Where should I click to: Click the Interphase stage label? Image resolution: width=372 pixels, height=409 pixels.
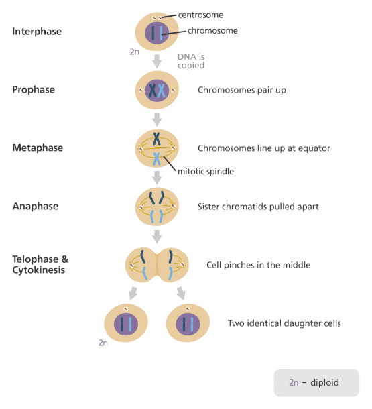pyautogui.click(x=37, y=32)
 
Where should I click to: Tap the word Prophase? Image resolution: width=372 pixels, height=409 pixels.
pyautogui.click(x=34, y=90)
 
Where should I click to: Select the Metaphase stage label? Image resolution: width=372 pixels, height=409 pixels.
pyautogui.click(x=38, y=148)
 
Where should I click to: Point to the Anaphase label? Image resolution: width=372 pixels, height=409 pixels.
pyautogui.click(x=36, y=207)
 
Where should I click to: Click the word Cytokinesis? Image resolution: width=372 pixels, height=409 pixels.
pyautogui.click(x=39, y=270)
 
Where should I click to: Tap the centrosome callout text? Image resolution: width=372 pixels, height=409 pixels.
pyautogui.click(x=200, y=15)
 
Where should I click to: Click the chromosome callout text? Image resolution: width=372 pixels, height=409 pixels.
pyautogui.click(x=212, y=31)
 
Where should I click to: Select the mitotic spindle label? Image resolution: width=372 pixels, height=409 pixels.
pyautogui.click(x=206, y=172)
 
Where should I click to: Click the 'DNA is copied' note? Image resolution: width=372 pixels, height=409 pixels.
pyautogui.click(x=191, y=61)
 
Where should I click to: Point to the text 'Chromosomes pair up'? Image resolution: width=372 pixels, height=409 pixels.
pyautogui.click(x=242, y=90)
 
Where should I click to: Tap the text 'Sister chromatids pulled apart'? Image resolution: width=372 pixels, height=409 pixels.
pyautogui.click(x=258, y=207)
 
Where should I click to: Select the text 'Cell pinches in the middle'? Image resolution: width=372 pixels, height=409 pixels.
pyautogui.click(x=258, y=265)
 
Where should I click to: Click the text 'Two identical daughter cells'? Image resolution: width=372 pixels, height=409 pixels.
pyautogui.click(x=284, y=323)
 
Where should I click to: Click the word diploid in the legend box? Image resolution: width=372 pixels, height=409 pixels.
pyautogui.click(x=324, y=383)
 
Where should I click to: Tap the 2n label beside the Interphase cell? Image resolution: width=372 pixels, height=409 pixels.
pyautogui.click(x=135, y=52)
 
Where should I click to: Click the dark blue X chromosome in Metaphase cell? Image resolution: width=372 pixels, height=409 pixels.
pyautogui.click(x=156, y=139)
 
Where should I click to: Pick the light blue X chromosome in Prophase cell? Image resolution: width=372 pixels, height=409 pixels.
pyautogui.click(x=162, y=91)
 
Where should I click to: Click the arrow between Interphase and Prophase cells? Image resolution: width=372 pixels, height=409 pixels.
pyautogui.click(x=157, y=62)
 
